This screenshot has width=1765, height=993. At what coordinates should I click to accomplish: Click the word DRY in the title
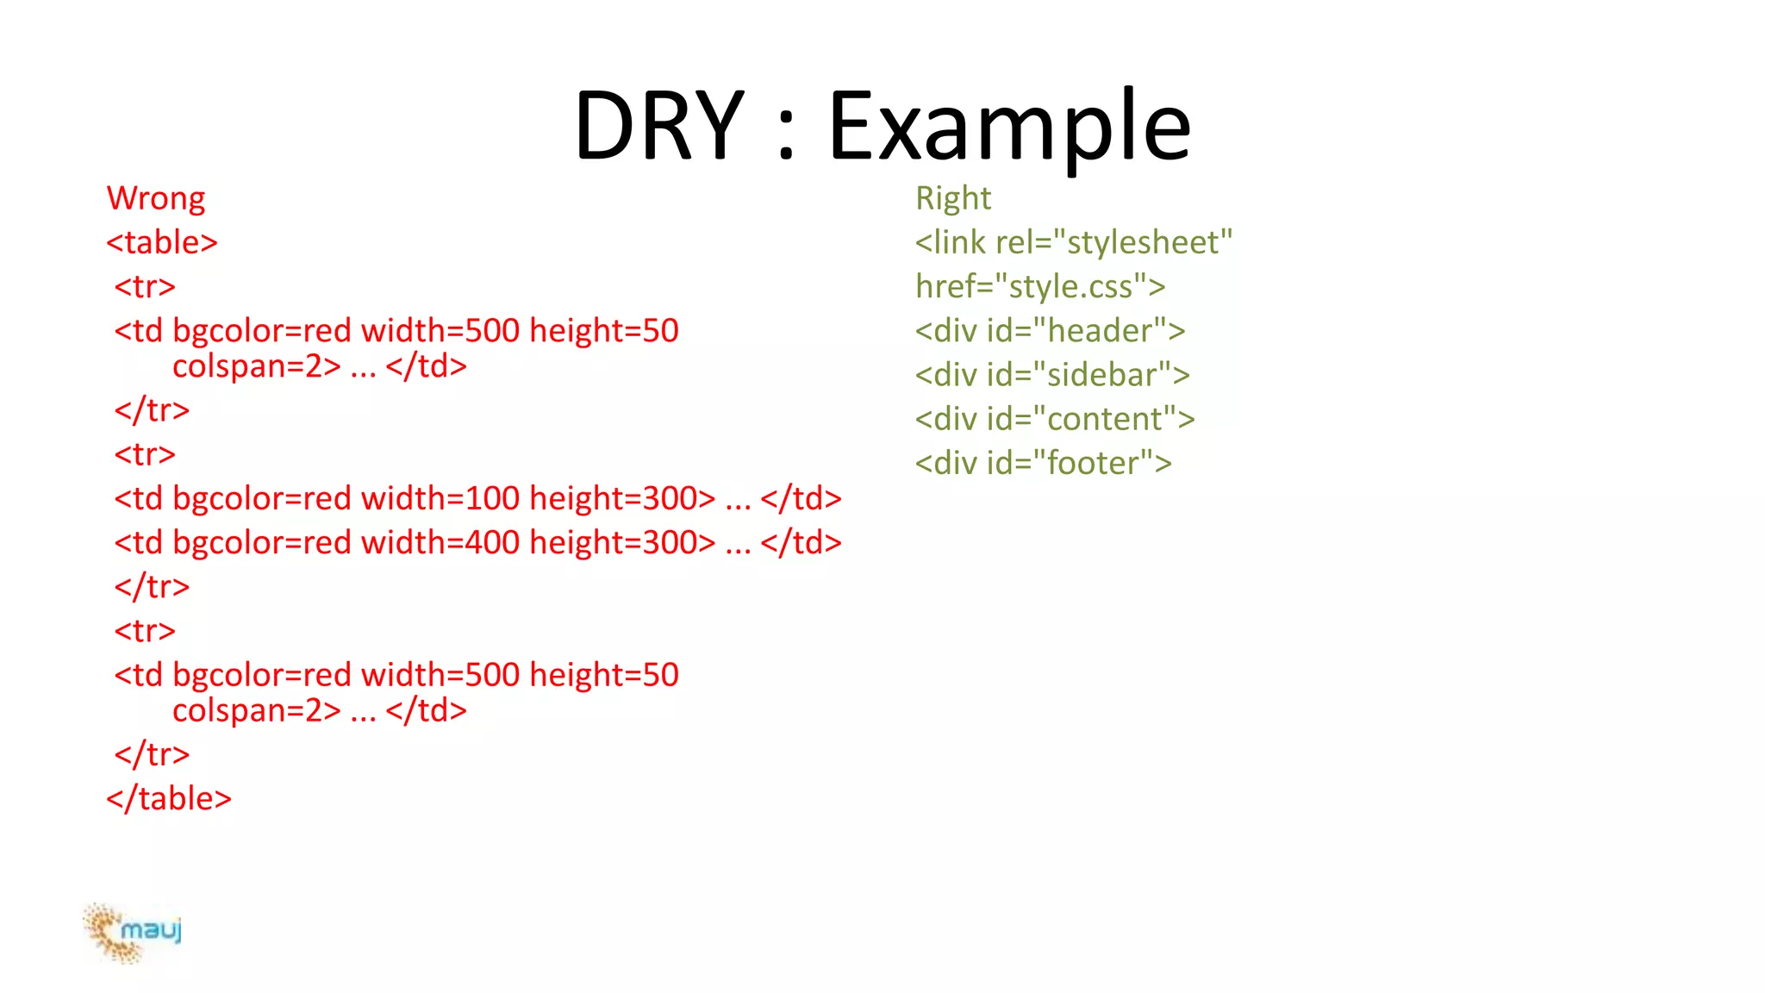659,127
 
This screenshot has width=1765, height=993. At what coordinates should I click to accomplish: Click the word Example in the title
1009,127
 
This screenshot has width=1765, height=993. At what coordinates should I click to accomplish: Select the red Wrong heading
156,198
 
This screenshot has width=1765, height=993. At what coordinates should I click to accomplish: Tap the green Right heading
953,198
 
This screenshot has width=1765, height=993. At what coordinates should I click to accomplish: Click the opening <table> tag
162,242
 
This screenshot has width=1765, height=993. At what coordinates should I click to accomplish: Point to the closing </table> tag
169,798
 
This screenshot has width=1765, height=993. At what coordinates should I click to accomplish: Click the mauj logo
134,932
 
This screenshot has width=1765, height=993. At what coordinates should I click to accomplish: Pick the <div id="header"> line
1050,331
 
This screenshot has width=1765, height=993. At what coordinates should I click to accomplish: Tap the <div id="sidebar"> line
1052,375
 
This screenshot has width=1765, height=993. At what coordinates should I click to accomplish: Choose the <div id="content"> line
1055,419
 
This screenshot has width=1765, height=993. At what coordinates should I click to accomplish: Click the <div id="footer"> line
1043,463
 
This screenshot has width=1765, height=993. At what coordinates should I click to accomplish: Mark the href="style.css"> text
1040,286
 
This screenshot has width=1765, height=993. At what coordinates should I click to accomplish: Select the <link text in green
950,242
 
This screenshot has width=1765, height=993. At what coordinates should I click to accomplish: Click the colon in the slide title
785,138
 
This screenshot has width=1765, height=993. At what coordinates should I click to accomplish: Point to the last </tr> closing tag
152,754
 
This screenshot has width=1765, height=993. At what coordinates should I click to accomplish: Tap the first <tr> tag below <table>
145,286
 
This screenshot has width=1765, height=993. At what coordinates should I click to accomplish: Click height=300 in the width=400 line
622,542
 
